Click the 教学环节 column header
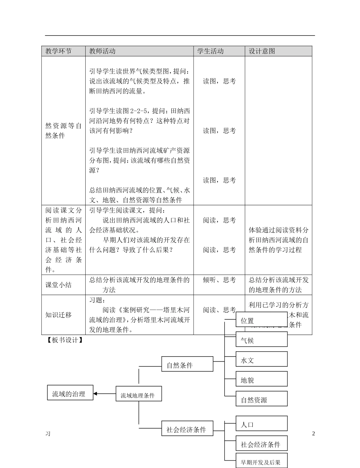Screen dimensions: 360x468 click(x=58, y=51)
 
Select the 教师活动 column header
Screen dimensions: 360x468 click(x=102, y=51)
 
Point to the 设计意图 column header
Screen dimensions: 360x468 click(x=262, y=51)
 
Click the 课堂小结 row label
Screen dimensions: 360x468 click(x=58, y=285)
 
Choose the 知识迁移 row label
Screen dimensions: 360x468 click(x=58, y=315)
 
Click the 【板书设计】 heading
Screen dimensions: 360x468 click(x=64, y=340)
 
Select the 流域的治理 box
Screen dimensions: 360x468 click(x=70, y=394)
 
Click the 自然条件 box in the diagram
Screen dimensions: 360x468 click(x=187, y=365)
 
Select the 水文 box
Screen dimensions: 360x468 click(x=261, y=360)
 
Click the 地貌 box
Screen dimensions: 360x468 click(x=261, y=380)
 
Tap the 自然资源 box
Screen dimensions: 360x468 click(x=261, y=399)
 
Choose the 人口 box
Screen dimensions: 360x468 click(x=261, y=424)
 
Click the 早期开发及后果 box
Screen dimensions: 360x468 click(x=261, y=462)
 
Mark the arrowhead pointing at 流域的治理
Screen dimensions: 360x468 click(x=95, y=394)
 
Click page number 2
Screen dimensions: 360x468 click(x=313, y=434)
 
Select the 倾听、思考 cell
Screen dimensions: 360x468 click(x=219, y=280)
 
